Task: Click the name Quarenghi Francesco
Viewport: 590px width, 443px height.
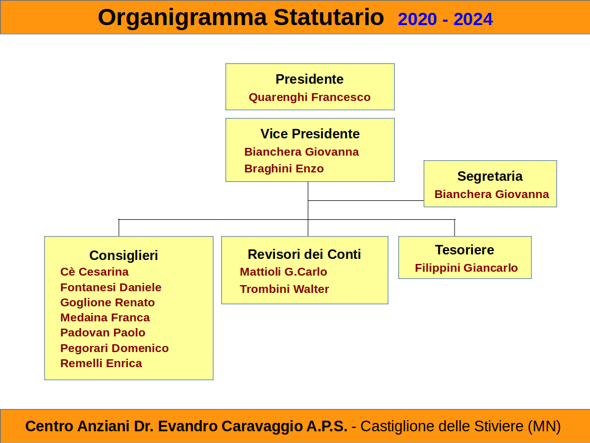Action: click(x=309, y=98)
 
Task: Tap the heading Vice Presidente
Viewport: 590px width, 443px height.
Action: click(x=310, y=133)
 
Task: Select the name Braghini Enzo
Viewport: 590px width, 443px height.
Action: click(x=284, y=168)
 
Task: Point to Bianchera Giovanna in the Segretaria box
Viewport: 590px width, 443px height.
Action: click(x=491, y=194)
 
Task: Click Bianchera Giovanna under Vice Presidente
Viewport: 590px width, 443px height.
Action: click(x=301, y=152)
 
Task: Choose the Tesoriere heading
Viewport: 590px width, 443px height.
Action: click(x=465, y=250)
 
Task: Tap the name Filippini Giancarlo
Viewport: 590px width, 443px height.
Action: click(x=466, y=268)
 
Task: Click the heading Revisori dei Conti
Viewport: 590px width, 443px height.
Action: click(x=304, y=254)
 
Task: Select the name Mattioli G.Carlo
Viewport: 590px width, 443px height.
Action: click(x=283, y=272)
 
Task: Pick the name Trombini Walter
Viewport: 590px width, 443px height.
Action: click(x=284, y=289)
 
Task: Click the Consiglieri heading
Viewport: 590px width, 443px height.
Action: click(x=123, y=256)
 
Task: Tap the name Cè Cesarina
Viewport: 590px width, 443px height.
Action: click(x=94, y=272)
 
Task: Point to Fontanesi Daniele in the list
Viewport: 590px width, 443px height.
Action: click(x=110, y=287)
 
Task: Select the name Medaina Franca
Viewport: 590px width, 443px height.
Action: click(x=105, y=317)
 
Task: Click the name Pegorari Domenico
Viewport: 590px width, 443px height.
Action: click(x=114, y=348)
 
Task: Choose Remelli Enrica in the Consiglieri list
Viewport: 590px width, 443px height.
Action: click(x=101, y=363)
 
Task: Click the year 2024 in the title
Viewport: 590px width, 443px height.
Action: click(x=473, y=19)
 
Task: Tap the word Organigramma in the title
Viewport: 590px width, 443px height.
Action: click(x=182, y=18)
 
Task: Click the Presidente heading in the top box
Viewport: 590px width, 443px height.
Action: click(x=309, y=79)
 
